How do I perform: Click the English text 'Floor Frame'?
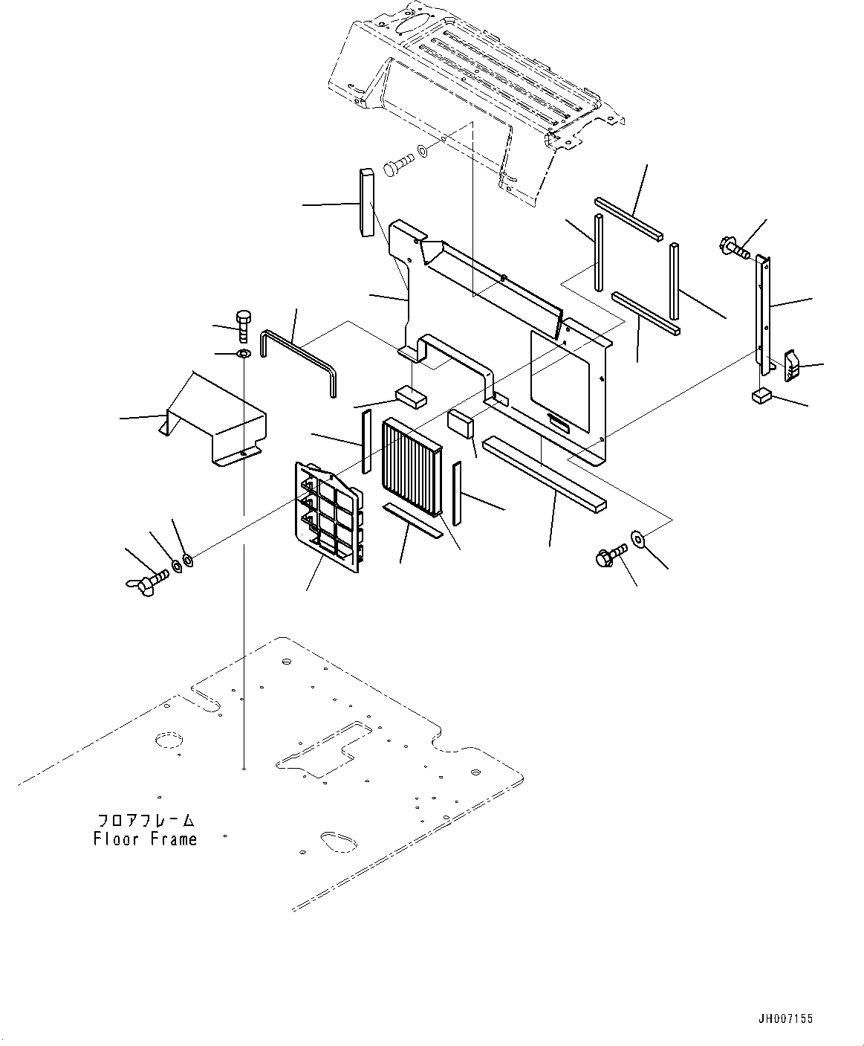coord(146,839)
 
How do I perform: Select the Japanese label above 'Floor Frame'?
coord(146,821)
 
